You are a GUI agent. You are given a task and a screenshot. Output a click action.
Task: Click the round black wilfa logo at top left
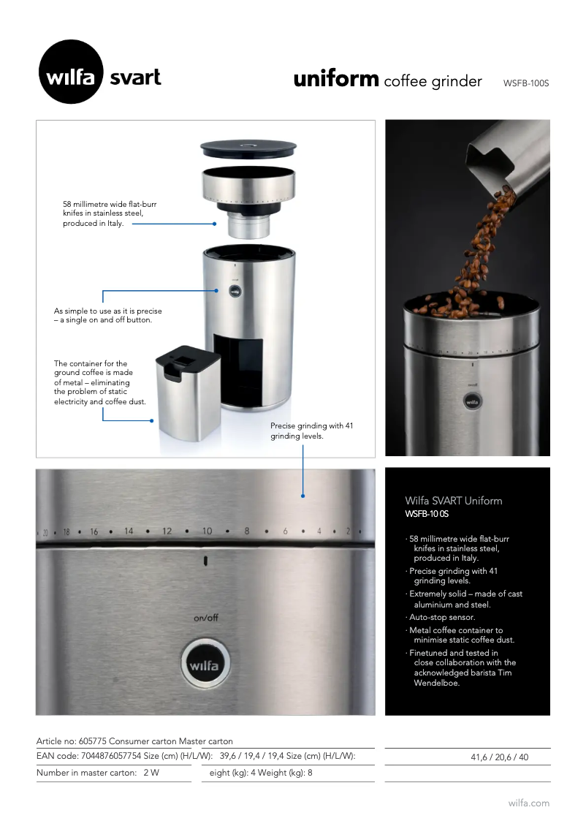pyautogui.click(x=71, y=72)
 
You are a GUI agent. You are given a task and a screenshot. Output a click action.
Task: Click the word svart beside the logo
pyautogui.click(x=135, y=77)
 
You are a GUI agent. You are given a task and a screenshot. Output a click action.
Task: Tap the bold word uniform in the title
pyautogui.click(x=336, y=79)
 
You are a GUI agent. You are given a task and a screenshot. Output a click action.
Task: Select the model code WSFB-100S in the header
pyautogui.click(x=526, y=83)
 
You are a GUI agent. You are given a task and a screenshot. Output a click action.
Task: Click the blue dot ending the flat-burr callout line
pyautogui.click(x=215, y=224)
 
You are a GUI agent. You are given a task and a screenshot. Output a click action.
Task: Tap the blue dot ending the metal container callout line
pyautogui.click(x=152, y=421)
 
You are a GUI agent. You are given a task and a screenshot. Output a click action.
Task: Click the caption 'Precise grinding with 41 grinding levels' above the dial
pyautogui.click(x=312, y=431)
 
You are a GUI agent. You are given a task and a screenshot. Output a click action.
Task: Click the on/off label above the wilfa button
pyautogui.click(x=205, y=618)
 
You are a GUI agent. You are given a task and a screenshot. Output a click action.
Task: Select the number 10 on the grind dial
pyautogui.click(x=207, y=531)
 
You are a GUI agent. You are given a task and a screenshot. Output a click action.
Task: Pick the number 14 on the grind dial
pyautogui.click(x=129, y=531)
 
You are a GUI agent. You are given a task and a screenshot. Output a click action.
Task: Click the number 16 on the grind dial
pyautogui.click(x=94, y=531)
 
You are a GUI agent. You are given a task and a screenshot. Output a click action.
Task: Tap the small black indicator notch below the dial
pyautogui.click(x=205, y=561)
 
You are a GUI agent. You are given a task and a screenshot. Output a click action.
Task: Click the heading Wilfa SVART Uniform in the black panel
pyautogui.click(x=453, y=501)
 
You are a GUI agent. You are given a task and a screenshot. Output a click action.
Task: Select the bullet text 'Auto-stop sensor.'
pyautogui.click(x=442, y=617)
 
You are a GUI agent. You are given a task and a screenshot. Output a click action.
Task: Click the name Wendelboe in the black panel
pyautogui.click(x=436, y=683)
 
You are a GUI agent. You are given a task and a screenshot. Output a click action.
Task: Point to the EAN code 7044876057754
pyautogui.click(x=111, y=756)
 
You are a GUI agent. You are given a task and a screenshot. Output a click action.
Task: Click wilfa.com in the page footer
pyautogui.click(x=529, y=803)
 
